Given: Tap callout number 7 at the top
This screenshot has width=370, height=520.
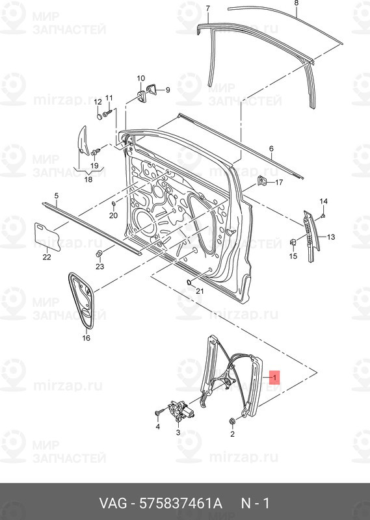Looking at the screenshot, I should (207, 8).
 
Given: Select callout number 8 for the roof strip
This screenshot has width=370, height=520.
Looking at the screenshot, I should (296, 3).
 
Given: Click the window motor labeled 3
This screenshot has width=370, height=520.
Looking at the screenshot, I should (179, 411).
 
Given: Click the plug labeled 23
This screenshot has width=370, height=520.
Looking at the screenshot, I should (99, 252).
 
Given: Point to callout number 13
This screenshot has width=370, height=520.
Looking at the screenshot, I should (330, 237).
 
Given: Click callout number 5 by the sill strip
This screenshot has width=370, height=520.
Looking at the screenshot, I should (56, 195).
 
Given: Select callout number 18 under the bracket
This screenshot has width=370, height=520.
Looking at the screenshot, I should (88, 179).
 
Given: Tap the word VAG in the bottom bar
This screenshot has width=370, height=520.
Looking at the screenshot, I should (114, 504).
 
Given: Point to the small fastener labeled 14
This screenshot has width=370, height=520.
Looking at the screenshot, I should (323, 215).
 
